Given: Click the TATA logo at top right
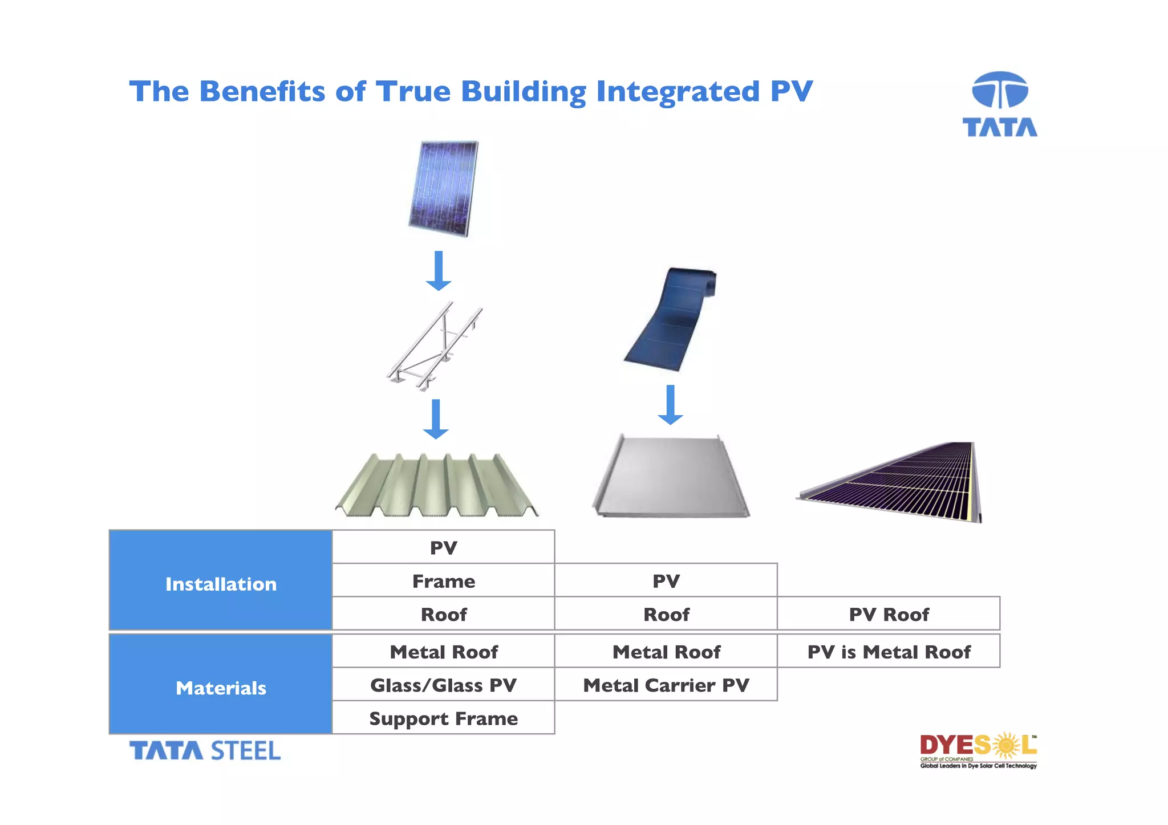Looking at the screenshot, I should pyautogui.click(x=999, y=104).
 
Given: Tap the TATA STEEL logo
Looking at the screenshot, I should pyautogui.click(x=205, y=750).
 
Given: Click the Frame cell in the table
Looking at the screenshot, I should pyautogui.click(x=443, y=581).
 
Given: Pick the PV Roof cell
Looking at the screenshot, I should pyautogui.click(x=888, y=615).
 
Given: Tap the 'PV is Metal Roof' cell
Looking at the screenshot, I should pyautogui.click(x=888, y=652).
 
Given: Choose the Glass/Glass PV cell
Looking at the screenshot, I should pyautogui.click(x=443, y=685).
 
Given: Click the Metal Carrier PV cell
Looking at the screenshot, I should pyautogui.click(x=666, y=685).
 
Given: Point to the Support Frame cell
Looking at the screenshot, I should pyautogui.click(x=443, y=718).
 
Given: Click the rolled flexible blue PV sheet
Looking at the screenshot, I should pyautogui.click(x=671, y=319).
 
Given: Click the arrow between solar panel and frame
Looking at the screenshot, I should pyautogui.click(x=438, y=271).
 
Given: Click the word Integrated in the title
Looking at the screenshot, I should pyautogui.click(x=678, y=92).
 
